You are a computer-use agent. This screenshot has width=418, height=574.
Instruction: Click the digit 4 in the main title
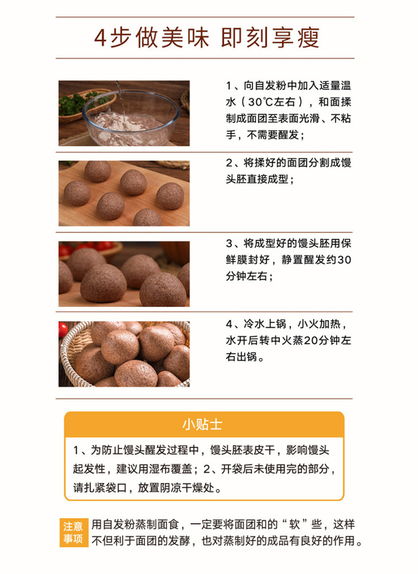click(x=100, y=38)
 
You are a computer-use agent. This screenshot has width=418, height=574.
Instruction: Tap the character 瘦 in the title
click(x=309, y=38)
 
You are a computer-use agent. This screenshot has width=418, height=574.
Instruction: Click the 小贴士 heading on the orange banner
click(x=202, y=424)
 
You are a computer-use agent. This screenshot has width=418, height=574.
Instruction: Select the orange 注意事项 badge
click(x=73, y=533)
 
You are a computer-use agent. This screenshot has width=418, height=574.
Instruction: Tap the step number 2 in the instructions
click(x=229, y=163)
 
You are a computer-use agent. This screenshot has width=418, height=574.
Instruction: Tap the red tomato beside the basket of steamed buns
click(x=63, y=329)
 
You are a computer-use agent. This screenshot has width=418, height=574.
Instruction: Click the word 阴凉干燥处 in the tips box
click(x=187, y=487)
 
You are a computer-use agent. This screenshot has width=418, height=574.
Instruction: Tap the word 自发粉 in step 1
click(x=269, y=86)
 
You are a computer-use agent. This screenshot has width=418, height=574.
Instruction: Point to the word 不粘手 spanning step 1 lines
click(x=289, y=127)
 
